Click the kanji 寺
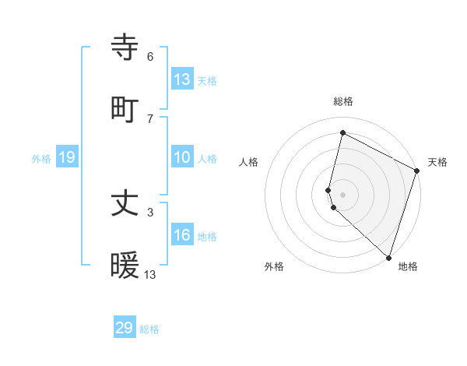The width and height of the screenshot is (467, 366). (x=126, y=49)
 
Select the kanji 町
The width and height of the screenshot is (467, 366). (x=126, y=110)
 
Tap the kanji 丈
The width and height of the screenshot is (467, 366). (x=126, y=205)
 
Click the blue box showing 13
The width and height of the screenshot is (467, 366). (x=182, y=79)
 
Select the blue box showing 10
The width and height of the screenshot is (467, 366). (x=182, y=158)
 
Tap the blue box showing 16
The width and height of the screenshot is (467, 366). (x=182, y=236)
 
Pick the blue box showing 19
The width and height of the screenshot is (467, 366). (x=67, y=158)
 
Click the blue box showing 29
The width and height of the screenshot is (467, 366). (x=125, y=328)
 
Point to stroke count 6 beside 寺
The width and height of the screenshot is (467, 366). (x=150, y=57)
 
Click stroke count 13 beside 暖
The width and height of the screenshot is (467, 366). (x=150, y=274)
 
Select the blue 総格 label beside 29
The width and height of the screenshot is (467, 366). (x=149, y=329)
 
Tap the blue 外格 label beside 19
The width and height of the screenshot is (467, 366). (x=41, y=159)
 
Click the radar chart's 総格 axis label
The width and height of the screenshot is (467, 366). (x=342, y=101)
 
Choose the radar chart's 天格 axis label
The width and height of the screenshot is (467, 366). (x=437, y=162)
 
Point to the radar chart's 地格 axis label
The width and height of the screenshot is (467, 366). (x=408, y=266)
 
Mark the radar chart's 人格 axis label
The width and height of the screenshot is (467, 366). (x=249, y=162)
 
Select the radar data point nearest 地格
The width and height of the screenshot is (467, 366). (x=388, y=257)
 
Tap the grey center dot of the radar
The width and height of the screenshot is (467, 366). (x=342, y=193)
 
